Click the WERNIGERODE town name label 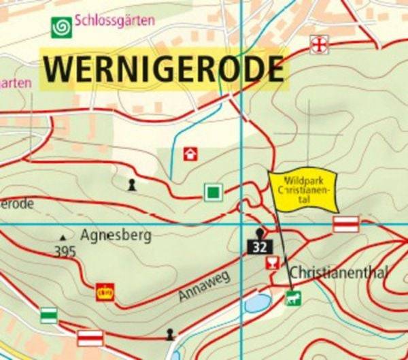[163, 69]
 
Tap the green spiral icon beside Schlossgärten [62, 27]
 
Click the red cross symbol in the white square [318, 45]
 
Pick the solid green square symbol [214, 192]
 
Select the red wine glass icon [273, 263]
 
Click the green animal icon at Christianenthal [293, 298]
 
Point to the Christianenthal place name [339, 273]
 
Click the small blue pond [258, 303]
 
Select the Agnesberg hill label [115, 236]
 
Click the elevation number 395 [65, 252]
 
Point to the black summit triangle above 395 [63, 237]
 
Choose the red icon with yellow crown [105, 293]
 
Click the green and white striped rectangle [48, 315]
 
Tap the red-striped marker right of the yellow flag [346, 225]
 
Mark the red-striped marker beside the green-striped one [90, 338]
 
